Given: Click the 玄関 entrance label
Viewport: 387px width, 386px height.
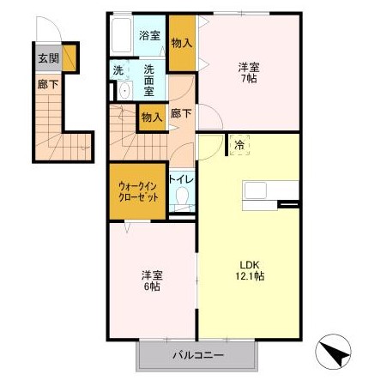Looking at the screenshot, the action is [48, 58].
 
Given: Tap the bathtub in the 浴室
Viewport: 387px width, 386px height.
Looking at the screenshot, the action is [121, 35].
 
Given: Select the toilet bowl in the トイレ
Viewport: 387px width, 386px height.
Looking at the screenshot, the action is [182, 196].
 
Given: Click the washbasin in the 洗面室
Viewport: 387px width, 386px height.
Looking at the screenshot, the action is [125, 90].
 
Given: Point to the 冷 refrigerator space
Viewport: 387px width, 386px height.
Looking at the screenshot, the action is [239, 145].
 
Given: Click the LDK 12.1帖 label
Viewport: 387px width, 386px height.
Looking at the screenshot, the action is [250, 270].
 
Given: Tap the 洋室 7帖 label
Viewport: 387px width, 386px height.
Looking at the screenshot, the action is [249, 73].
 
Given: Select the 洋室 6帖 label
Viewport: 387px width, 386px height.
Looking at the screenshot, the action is [152, 280].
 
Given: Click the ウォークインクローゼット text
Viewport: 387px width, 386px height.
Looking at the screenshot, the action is [138, 192].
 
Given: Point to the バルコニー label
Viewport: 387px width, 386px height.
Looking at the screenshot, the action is [198, 355].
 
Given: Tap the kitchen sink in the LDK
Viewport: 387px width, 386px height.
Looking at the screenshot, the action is [256, 190].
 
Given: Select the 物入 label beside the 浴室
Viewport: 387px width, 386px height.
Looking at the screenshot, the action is [182, 43].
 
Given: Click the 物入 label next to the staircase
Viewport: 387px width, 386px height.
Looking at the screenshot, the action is [152, 117].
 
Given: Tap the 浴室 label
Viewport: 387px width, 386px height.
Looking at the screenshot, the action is [149, 35].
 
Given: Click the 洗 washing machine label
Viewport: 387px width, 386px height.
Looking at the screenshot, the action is [118, 70].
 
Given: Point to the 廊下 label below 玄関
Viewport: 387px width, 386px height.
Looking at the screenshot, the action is [48, 84].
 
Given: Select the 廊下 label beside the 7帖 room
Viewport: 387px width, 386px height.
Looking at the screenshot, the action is [181, 113].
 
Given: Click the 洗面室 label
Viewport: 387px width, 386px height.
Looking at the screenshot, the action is [149, 81].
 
